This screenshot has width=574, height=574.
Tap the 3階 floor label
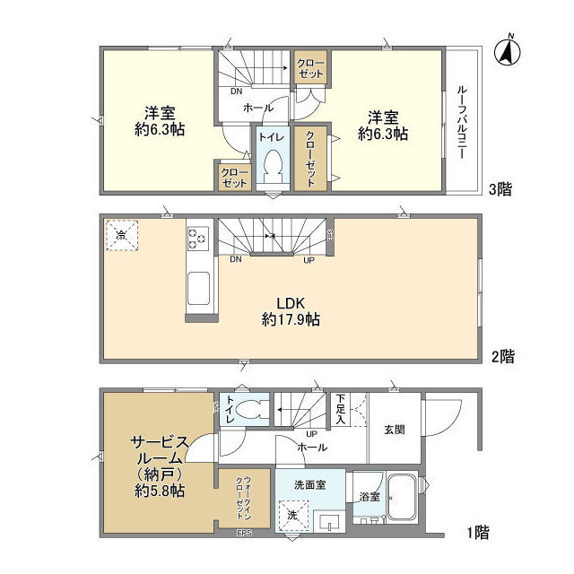[500, 189]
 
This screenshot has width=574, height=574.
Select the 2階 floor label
[502, 355]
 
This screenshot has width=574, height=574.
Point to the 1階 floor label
[477, 533]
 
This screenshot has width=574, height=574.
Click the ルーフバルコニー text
[461, 122]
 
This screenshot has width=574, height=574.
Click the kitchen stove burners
[197, 239]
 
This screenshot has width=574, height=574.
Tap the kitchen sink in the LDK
[198, 292]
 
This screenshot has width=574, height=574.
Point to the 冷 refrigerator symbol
[122, 235]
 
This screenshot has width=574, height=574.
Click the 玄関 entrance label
[396, 430]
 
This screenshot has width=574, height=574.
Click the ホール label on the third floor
[259, 108]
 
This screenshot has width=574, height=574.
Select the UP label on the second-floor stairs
[309, 260]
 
